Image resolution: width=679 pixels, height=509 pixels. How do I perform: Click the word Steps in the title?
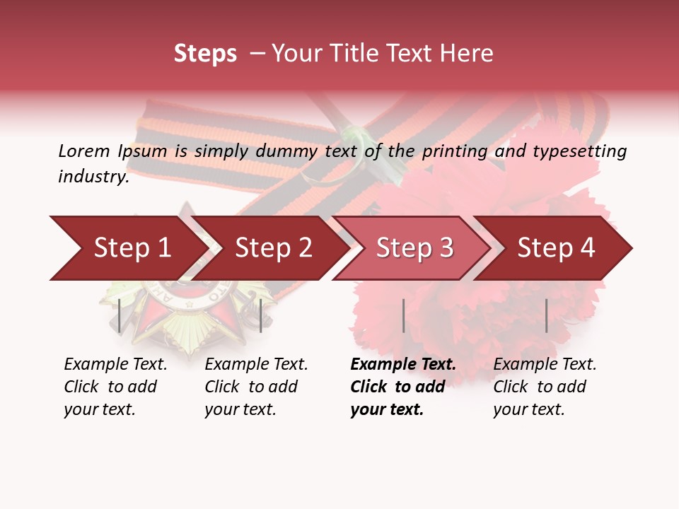205,54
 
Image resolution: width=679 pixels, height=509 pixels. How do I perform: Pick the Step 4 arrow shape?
556,248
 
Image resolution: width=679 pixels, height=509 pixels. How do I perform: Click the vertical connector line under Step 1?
120,315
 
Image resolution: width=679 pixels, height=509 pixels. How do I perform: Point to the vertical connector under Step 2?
261,315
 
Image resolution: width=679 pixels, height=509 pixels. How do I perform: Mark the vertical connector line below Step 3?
403,315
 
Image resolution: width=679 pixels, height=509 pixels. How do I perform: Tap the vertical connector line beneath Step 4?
546,315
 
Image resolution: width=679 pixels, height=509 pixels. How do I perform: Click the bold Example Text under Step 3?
403,364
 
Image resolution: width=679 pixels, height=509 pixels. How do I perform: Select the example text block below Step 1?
115,387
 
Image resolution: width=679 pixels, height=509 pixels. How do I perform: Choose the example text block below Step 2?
256,387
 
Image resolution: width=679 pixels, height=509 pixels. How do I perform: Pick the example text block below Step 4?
545,387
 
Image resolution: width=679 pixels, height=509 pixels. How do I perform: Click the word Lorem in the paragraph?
83,151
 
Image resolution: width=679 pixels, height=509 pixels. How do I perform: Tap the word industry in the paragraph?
92,177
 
